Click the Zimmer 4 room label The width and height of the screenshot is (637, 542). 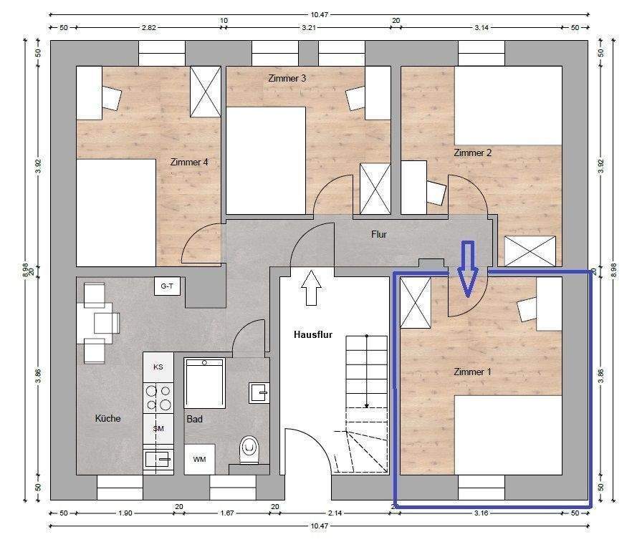pos(189,163)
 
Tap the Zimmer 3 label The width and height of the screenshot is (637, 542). pos(287,78)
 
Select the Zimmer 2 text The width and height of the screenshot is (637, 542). pos(472,153)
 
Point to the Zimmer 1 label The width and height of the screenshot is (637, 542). pos(472,372)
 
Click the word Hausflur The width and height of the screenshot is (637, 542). pos(313,335)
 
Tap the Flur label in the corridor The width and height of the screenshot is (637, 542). pos(378,234)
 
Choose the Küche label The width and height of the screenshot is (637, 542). pos(107,418)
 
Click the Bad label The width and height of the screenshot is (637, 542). pos(194,419)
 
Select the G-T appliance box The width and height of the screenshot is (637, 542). pos(167,286)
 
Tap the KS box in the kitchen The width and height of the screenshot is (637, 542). pos(158,367)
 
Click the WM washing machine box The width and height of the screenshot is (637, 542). pos(199,459)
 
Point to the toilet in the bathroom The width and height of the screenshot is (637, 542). pos(249,450)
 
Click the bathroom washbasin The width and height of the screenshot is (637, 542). pos(259,392)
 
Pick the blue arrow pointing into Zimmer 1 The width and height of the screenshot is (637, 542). pos(468,268)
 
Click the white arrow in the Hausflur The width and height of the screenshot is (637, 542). pos(311,288)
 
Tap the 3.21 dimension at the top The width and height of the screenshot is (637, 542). pos(309,28)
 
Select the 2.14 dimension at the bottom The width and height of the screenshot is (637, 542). pos(335,513)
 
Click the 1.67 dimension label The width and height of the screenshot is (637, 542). pos(226,513)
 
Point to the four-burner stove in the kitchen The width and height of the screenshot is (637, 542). pos(158,398)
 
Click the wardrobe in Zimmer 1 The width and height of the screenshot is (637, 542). pos(416,302)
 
